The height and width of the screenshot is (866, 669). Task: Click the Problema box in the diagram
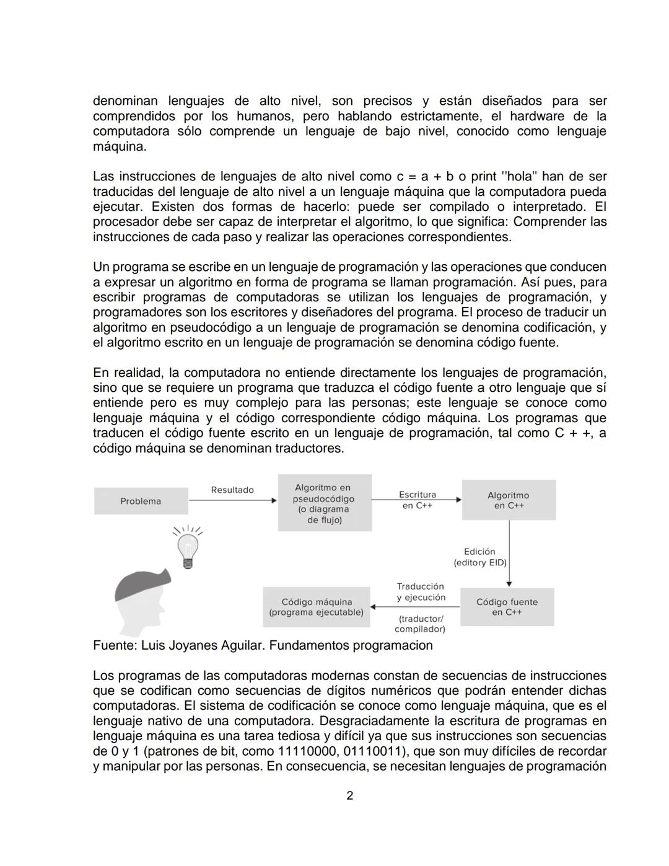coord(141,501)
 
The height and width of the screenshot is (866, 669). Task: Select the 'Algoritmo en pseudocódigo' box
coord(325,503)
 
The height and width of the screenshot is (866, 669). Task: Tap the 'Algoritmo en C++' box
coord(508,500)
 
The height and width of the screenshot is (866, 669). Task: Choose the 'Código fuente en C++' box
coord(507,607)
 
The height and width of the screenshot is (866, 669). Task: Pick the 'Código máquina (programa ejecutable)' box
coord(316,607)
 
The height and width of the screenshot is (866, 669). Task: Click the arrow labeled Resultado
coord(232,500)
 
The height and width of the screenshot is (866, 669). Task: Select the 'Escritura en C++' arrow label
coord(417,500)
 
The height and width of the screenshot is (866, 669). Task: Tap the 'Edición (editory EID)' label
coord(479,557)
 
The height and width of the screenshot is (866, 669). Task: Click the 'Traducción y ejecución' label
coord(421,591)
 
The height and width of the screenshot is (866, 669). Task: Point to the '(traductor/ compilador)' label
coord(421,624)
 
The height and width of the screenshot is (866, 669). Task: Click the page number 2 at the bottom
coord(349,795)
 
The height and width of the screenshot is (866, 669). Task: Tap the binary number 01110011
coord(370,751)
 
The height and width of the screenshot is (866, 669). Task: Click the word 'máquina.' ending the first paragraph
coord(120,147)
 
